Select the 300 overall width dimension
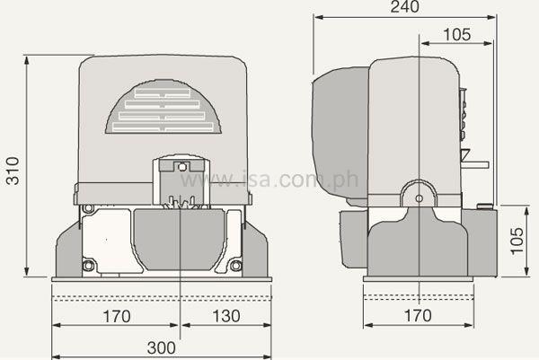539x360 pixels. tap(163, 345)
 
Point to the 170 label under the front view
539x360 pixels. tap(116, 316)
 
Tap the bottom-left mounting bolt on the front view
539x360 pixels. tap(88, 265)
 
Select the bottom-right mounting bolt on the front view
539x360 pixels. tap(235, 265)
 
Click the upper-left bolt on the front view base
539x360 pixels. tap(87, 211)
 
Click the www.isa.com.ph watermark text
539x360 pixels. tap(269, 180)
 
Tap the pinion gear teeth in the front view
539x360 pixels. tap(181, 205)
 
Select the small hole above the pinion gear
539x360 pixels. tap(181, 166)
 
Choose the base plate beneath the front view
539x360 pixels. tap(162, 279)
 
